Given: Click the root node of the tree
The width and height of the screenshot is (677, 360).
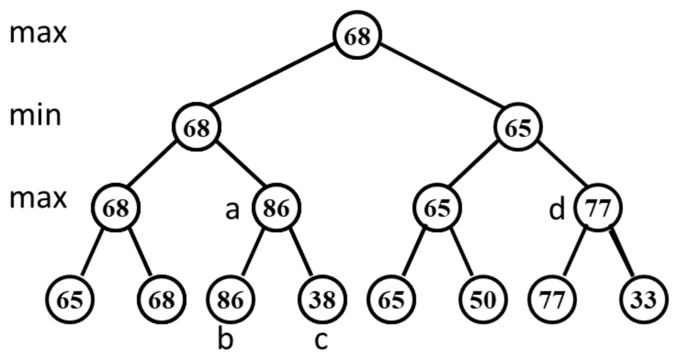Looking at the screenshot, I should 357,36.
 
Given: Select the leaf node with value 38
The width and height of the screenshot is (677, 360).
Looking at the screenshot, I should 322,299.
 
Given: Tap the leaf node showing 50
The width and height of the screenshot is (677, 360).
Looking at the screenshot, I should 483,299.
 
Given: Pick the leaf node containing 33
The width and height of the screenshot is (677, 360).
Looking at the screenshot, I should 643,299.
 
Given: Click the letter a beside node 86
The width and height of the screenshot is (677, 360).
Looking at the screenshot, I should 232,210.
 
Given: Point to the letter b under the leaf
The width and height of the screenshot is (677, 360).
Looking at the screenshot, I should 226,340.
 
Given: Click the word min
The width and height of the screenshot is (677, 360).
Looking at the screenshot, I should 35,116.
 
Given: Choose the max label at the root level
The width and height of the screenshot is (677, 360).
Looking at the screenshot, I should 38,33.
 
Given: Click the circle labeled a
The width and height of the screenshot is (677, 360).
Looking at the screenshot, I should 276,209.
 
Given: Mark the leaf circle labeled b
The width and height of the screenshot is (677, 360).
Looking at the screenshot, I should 230,299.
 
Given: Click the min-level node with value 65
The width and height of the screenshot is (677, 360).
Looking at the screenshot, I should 518,128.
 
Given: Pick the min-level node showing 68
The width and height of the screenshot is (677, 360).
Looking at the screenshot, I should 197,128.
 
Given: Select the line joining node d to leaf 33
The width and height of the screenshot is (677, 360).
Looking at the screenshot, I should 622,253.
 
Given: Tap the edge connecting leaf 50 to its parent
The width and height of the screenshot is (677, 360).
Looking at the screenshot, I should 461,253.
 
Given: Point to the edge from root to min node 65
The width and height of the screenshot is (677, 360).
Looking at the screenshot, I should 437,76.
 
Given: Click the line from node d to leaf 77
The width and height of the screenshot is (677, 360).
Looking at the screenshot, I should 574,253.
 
